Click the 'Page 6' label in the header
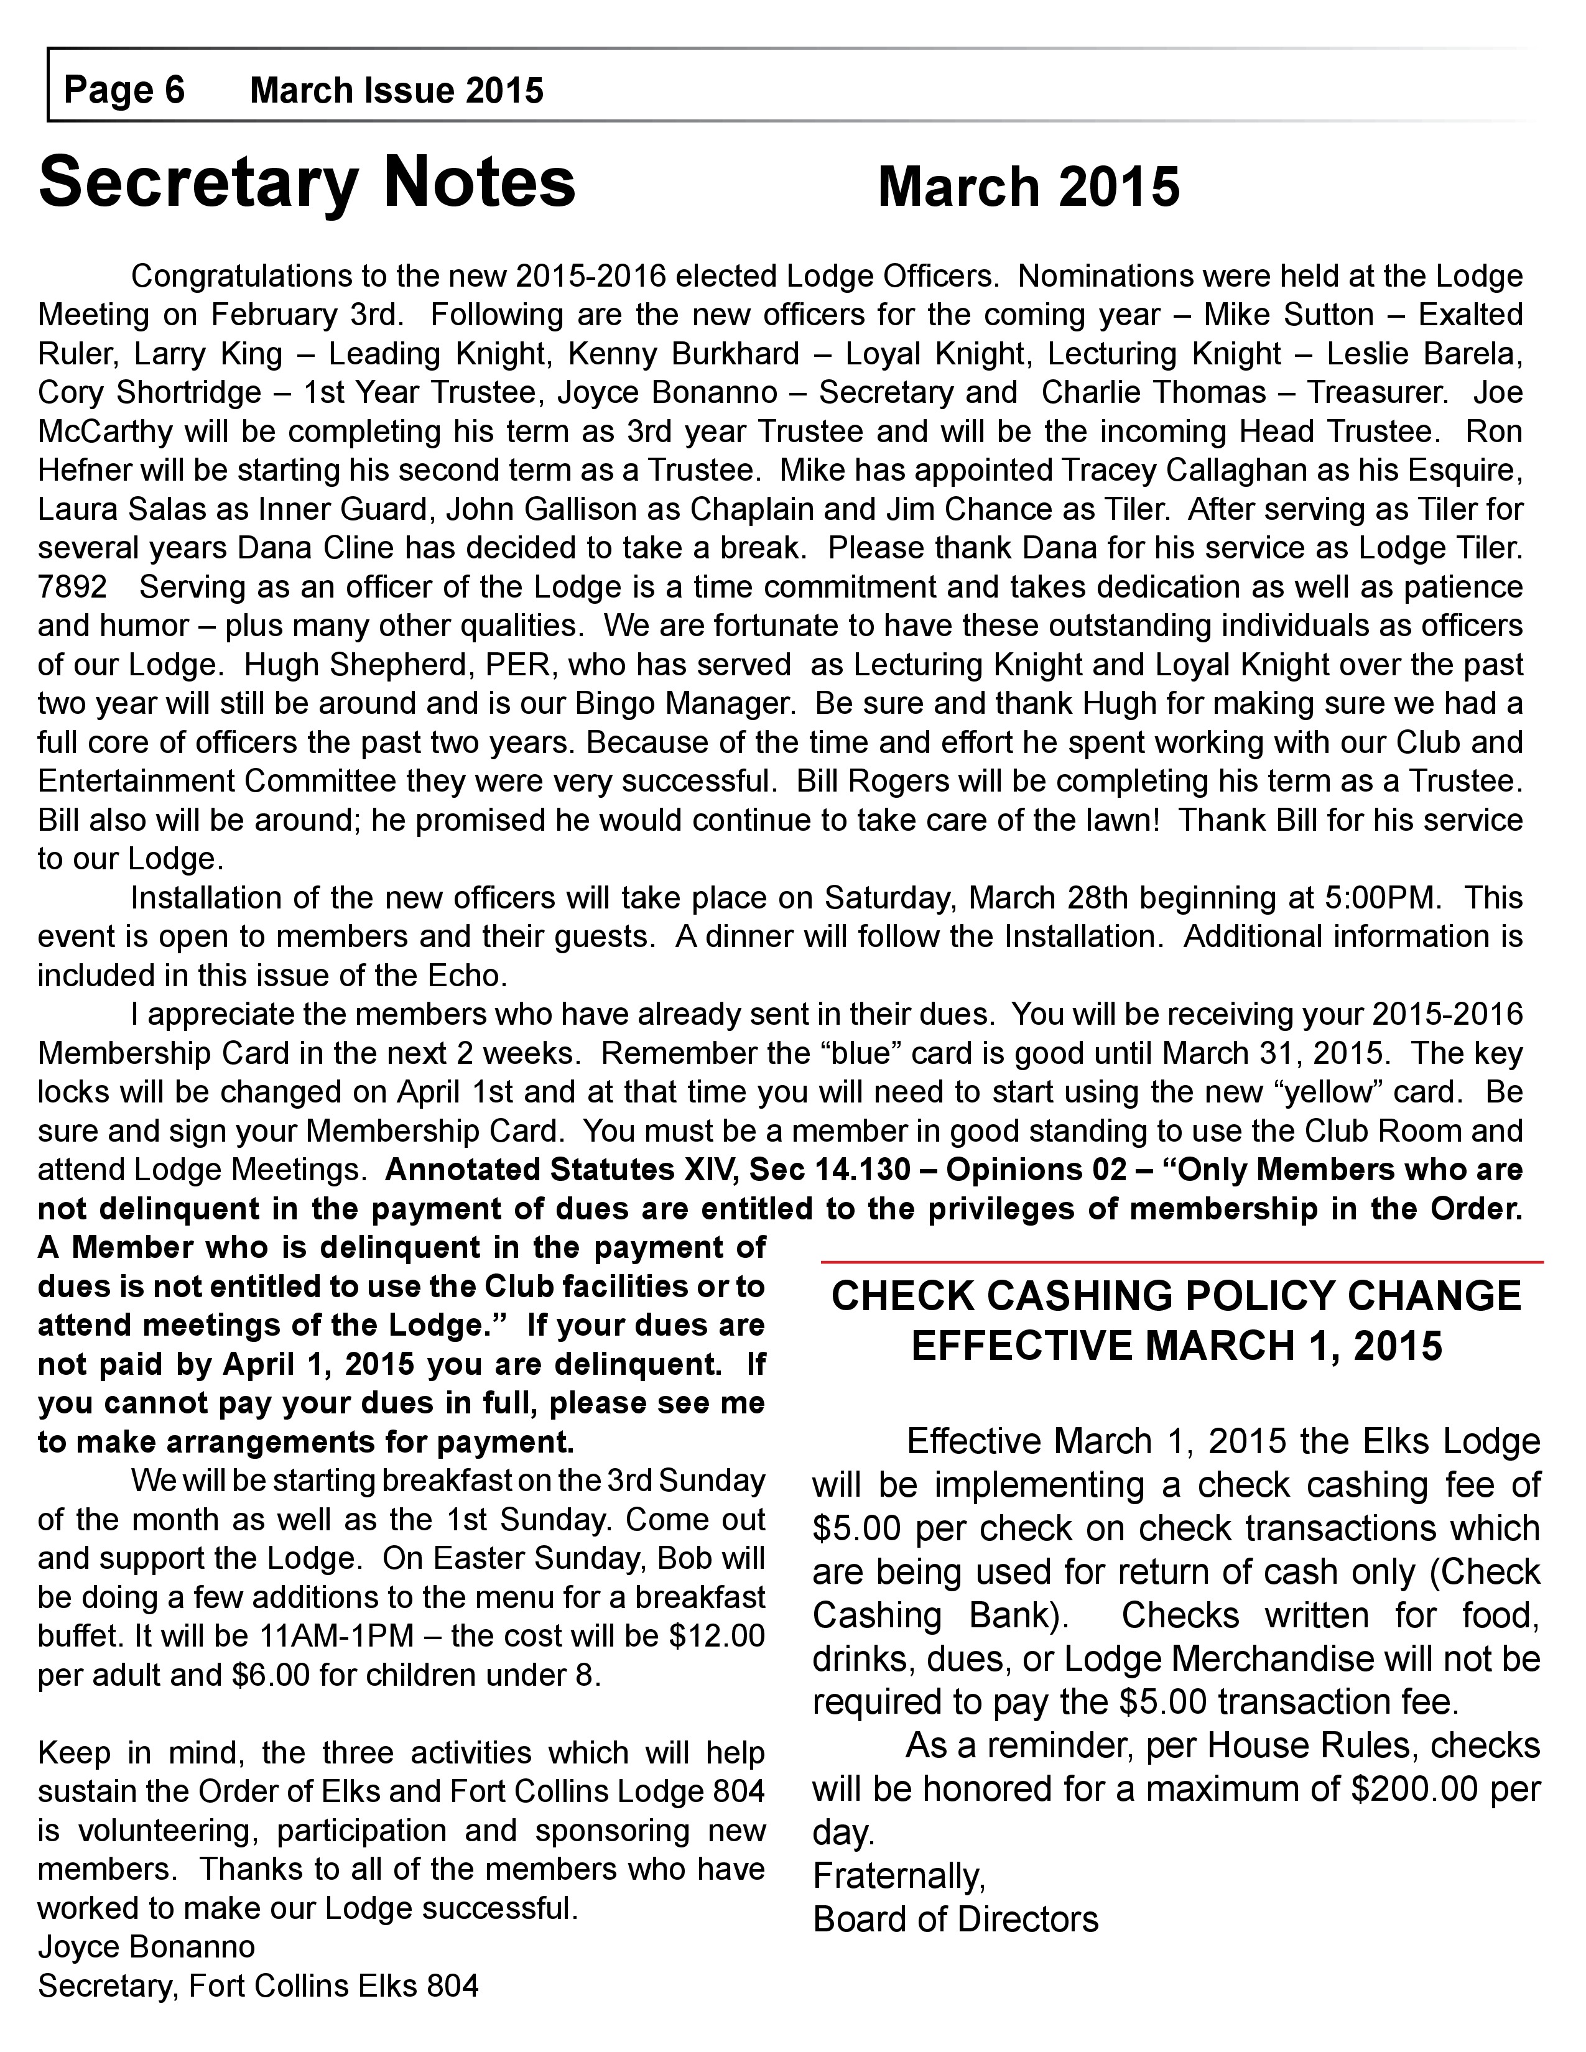(124, 90)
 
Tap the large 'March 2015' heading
(1028, 187)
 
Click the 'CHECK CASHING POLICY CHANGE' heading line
(1176, 1296)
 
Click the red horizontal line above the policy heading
(1182, 1261)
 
